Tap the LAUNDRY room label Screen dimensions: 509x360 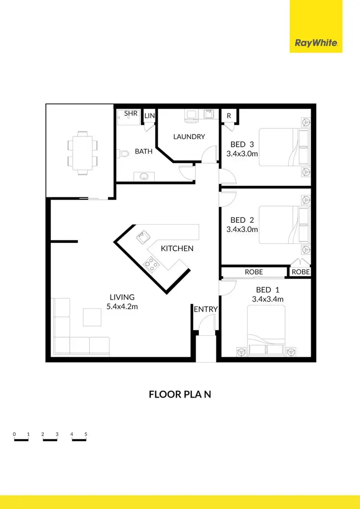(x=189, y=137)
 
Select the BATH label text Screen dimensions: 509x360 (x=144, y=151)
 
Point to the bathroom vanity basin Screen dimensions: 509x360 (x=144, y=176)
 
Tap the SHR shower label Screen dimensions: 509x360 (x=131, y=113)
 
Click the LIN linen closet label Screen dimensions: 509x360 (x=150, y=116)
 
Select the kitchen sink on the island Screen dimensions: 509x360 (x=143, y=237)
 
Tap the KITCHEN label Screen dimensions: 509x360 (x=177, y=248)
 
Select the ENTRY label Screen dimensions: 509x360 (x=206, y=309)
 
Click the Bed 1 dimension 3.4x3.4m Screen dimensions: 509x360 (x=267, y=299)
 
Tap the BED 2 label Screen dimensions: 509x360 (x=242, y=220)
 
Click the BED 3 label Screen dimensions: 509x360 (x=242, y=145)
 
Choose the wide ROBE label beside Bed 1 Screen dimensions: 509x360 (x=254, y=272)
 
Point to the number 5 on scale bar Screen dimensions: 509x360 (x=86, y=434)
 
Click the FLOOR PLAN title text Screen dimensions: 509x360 (x=180, y=395)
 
